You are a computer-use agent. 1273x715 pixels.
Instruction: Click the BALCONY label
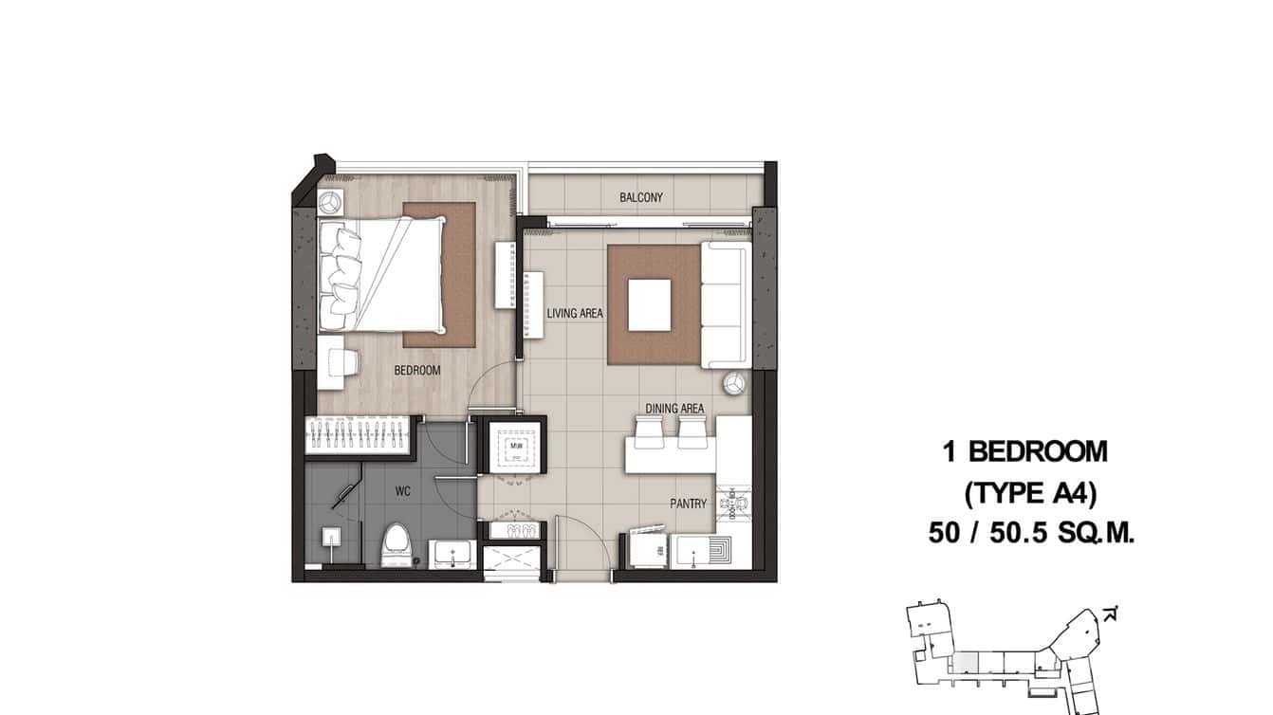point(640,197)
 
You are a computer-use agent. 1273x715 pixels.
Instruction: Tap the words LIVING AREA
point(575,313)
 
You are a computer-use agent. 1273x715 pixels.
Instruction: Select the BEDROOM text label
point(417,370)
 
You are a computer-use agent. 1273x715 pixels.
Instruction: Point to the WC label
point(401,493)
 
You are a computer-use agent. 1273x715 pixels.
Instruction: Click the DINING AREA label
point(674,409)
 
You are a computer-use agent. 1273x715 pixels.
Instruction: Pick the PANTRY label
point(688,504)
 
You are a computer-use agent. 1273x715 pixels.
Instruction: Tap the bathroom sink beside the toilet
point(452,553)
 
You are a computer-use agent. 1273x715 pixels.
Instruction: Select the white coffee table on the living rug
point(650,304)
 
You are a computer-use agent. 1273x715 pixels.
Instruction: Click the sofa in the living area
point(726,304)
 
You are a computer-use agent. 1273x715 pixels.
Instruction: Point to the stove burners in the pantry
point(735,504)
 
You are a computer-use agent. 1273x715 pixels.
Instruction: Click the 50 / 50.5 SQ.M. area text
point(1031,534)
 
